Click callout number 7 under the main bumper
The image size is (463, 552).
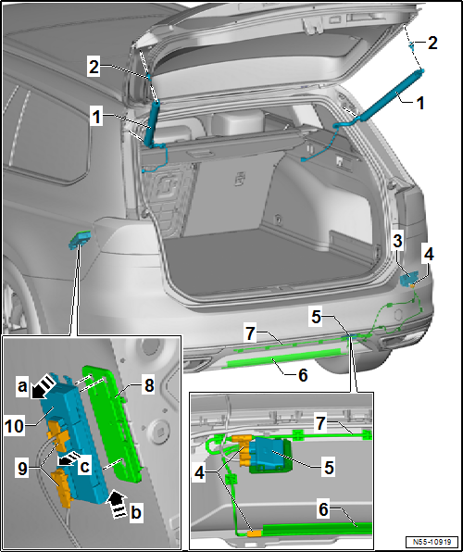[248, 332]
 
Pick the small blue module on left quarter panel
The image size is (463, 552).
[81, 240]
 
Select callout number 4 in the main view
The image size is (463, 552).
[428, 252]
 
